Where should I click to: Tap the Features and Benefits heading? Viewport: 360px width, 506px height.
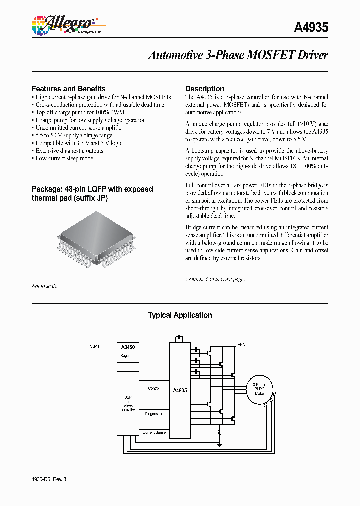pos(68,88)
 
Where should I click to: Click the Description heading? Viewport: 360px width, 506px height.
pos(204,88)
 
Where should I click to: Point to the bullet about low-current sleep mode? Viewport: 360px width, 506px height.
pos(64,158)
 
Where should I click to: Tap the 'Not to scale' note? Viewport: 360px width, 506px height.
pos(44,286)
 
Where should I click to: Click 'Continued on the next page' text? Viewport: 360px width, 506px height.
pos(216,279)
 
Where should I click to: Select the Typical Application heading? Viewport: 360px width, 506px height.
pos(180,315)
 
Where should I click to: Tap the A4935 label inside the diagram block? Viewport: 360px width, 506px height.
pos(180,390)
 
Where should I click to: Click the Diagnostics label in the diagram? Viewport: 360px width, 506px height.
pos(154,414)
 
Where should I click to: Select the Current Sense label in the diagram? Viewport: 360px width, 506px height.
pos(154,432)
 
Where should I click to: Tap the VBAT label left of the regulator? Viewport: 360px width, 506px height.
pos(95,346)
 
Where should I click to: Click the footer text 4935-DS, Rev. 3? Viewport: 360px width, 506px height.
pos(49,479)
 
